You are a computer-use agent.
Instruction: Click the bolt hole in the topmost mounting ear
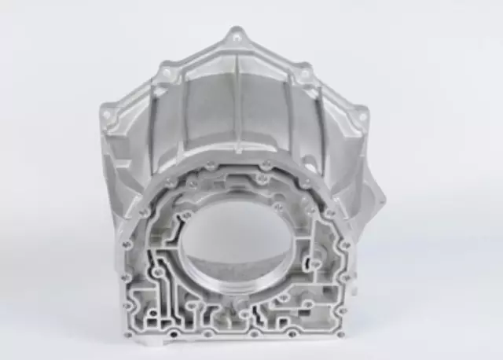point(236,36)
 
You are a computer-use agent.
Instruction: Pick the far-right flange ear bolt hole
point(362,116)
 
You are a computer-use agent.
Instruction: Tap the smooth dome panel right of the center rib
point(266,110)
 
